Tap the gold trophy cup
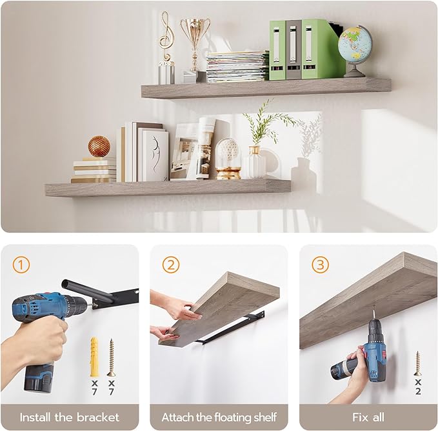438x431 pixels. (195, 35)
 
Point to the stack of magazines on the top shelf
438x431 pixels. (237, 66)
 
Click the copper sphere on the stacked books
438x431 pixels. (99, 146)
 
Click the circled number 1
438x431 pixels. (21, 265)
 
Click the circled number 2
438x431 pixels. (170, 265)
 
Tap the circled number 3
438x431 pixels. (320, 265)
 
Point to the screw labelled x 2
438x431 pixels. (417, 363)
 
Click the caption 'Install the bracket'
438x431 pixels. (69, 417)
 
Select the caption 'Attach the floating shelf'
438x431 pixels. (219, 417)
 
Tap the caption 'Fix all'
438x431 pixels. (368, 417)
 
